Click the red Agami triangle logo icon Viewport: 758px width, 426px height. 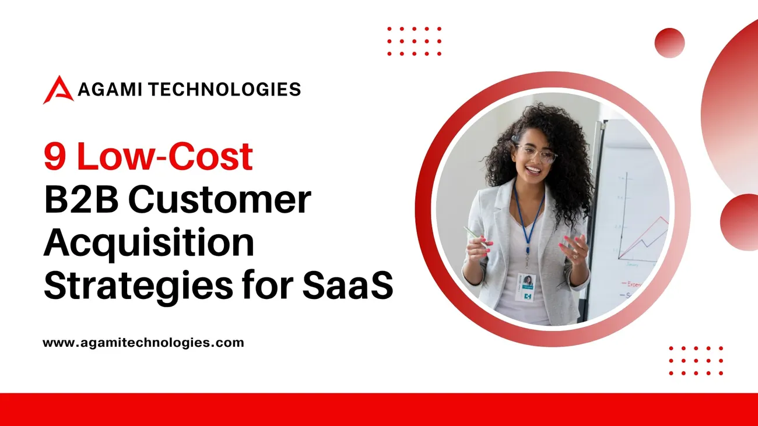(58, 90)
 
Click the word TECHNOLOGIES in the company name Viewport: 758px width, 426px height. (224, 89)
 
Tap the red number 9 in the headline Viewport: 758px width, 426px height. (54, 156)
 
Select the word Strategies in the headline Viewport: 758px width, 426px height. (138, 286)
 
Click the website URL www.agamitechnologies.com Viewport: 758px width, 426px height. (143, 343)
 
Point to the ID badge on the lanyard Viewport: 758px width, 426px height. (525, 287)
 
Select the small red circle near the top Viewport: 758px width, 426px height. (669, 43)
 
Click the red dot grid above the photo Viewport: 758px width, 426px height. (414, 41)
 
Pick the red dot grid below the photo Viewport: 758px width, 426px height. (696, 361)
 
